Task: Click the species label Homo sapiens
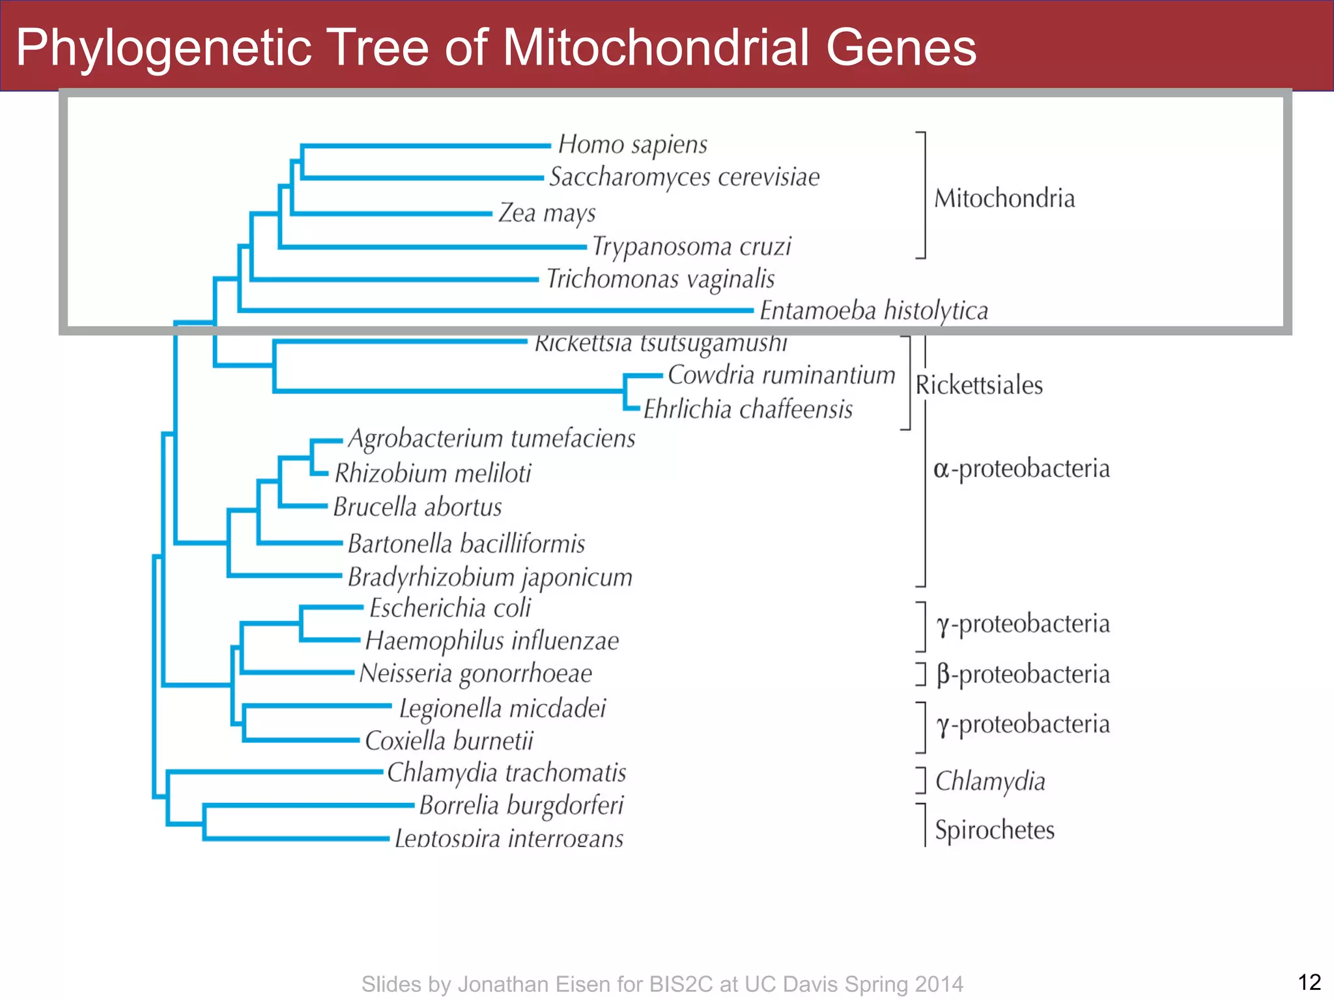coord(632,145)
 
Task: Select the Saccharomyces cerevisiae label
coord(684,177)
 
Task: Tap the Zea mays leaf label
coord(547,213)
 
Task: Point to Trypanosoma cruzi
coord(691,247)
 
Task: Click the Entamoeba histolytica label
coord(873,311)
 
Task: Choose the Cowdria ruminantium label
coord(781,375)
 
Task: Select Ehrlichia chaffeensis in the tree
coord(748,409)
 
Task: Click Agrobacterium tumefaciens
coord(491,439)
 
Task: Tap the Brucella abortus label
coord(418,507)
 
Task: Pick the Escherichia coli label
coord(450,608)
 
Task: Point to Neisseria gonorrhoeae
coord(475,674)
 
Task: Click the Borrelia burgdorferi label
coord(521,805)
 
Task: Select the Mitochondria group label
coord(1004,199)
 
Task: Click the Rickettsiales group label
coord(979,385)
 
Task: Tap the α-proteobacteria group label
coord(1021,469)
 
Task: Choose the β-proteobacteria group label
coord(1023,675)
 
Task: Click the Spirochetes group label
coord(995,830)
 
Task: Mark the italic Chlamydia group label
coord(990,781)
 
